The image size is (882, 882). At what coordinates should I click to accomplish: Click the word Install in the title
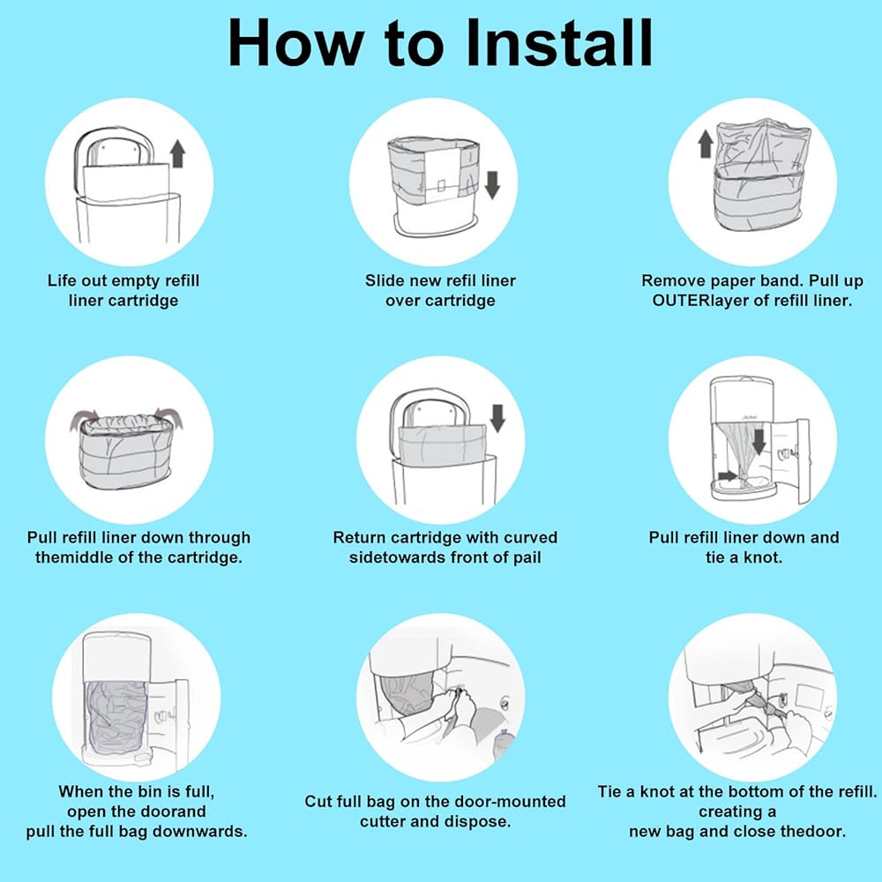point(560,43)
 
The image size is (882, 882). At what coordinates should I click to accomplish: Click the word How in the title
point(295,43)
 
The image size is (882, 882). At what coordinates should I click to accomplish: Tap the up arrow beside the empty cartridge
point(178,153)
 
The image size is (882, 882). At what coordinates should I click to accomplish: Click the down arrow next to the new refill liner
point(492,185)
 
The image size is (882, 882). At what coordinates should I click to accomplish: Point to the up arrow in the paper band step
point(706,144)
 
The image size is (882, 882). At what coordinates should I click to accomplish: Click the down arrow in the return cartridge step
point(497,418)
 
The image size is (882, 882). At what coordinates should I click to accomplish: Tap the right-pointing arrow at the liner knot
point(728,476)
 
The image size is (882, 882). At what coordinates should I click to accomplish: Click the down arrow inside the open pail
point(759,442)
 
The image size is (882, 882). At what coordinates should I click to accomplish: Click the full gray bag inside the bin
point(116,719)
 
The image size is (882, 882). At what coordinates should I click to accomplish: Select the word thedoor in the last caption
point(815,832)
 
